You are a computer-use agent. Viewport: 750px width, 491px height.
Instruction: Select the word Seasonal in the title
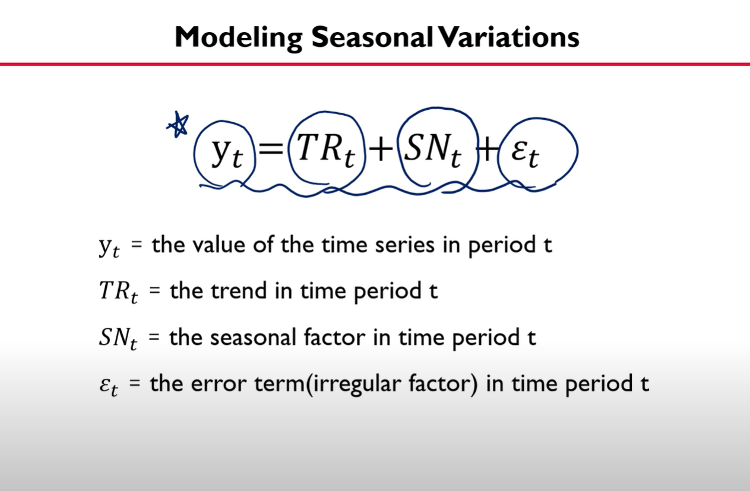372,37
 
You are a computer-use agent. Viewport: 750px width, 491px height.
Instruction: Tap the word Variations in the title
509,37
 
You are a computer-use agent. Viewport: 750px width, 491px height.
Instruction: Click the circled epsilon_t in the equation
525,154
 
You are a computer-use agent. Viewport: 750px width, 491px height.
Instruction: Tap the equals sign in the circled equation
271,148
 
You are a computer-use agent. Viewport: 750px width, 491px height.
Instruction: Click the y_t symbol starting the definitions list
109,246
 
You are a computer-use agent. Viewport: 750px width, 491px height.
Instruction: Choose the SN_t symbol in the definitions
118,338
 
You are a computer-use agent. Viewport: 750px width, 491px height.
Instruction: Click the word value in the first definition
219,245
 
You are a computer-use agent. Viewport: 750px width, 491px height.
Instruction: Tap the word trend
239,290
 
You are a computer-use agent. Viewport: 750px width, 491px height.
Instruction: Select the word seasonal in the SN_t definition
253,337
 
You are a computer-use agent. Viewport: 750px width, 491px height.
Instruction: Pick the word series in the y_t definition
405,245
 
